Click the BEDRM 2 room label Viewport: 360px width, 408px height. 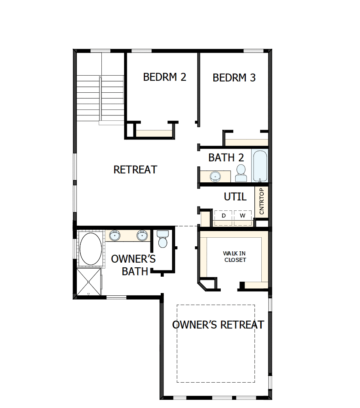click(165, 77)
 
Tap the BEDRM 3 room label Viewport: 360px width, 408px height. click(234, 78)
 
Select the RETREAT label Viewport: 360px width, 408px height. click(135, 170)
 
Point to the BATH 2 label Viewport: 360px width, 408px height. click(226, 158)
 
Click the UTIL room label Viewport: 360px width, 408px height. click(235, 197)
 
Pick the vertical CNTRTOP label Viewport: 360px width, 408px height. click(261, 201)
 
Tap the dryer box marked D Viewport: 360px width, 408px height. click(223, 215)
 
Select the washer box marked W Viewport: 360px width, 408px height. click(243, 215)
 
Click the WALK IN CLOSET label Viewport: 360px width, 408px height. click(234, 256)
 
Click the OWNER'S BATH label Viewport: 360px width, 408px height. click(133, 265)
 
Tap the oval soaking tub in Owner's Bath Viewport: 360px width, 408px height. click(91, 249)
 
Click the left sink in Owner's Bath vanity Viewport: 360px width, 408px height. click(115, 236)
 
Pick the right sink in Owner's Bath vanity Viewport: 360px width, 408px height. click(142, 236)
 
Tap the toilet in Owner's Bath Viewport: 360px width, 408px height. click(162, 239)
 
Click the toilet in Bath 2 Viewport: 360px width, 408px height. click(241, 173)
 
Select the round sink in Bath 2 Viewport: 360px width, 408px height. click(215, 177)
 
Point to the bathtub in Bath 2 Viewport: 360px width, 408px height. click(260, 166)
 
